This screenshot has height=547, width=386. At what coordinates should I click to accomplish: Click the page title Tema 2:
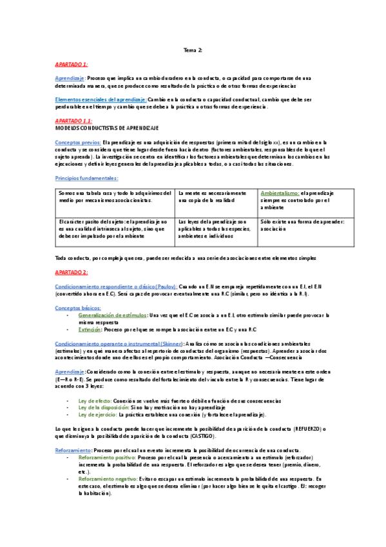[193, 50]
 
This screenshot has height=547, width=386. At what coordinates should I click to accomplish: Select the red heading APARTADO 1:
[72, 65]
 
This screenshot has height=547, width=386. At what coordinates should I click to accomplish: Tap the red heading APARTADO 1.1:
[73, 121]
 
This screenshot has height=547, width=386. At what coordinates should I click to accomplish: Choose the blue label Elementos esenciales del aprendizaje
[100, 99]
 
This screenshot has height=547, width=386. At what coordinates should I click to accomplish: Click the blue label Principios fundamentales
[86, 177]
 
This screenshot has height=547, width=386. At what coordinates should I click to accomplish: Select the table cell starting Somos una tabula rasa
[115, 197]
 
